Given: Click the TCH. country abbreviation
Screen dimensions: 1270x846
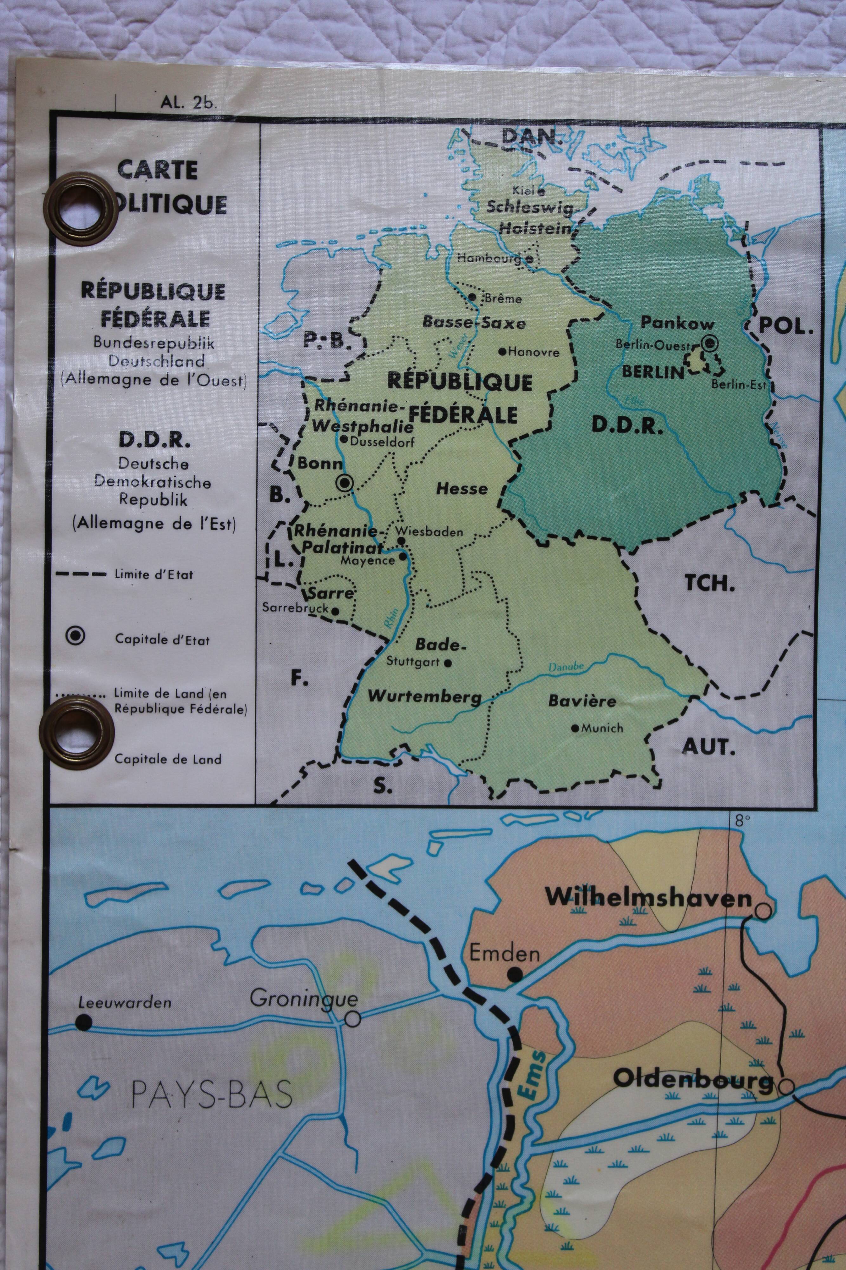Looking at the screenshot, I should coord(710,584).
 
